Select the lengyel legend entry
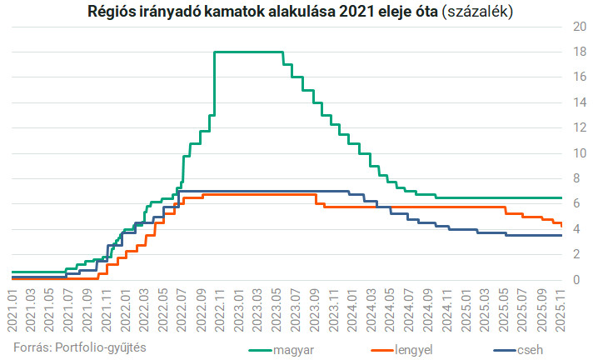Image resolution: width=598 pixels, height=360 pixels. pos(414,349)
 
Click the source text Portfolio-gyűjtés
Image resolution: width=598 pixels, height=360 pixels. pos(102,346)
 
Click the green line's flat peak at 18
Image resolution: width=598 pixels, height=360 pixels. pos(250,52)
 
